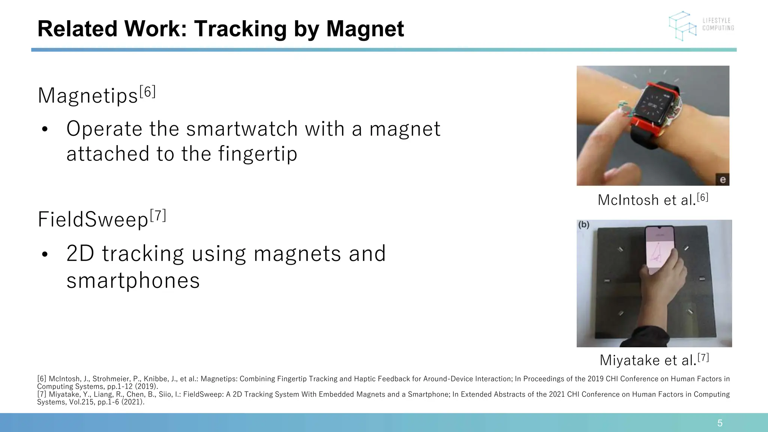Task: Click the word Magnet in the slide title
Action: (364, 29)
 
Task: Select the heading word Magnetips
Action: (88, 96)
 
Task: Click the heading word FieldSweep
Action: (93, 220)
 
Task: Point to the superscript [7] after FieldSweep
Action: (158, 216)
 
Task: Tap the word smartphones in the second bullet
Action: (133, 280)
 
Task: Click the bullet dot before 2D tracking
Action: (45, 255)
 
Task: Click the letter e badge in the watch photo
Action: (722, 180)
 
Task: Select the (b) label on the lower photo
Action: (584, 225)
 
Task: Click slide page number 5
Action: (720, 423)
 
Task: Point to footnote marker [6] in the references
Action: (42, 379)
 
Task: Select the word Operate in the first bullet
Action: (104, 129)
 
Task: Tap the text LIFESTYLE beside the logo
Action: (716, 21)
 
